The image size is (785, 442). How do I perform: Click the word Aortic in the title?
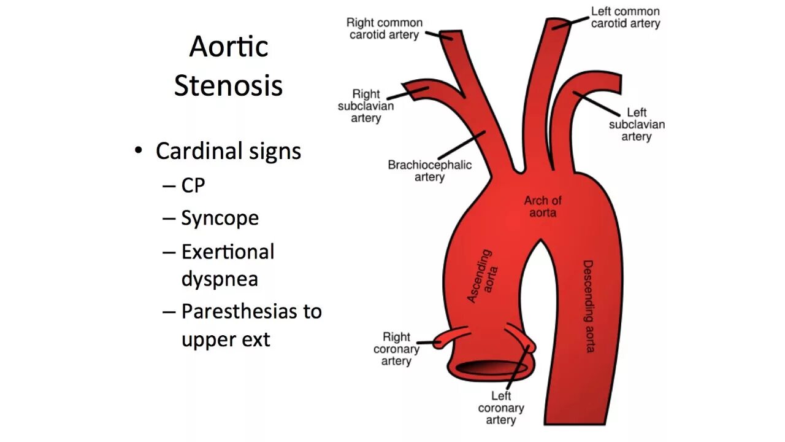tap(229, 47)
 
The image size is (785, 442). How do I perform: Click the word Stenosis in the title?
tap(228, 85)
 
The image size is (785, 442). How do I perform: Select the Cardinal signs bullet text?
tap(228, 151)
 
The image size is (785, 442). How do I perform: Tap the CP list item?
tap(193, 185)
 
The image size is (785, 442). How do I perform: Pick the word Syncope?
tap(220, 219)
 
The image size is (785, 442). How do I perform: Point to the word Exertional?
tap(228, 252)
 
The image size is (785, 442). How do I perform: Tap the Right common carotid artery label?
tap(384, 29)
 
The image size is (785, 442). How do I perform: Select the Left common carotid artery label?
tap(626, 17)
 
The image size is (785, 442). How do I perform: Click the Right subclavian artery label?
tap(366, 106)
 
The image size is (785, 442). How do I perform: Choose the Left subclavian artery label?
tap(637, 125)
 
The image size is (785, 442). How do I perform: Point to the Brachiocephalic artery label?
tap(429, 171)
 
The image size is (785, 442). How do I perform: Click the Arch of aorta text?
tap(543, 206)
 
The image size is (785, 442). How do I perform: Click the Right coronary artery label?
tap(396, 349)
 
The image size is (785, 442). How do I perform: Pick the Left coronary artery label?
tap(501, 408)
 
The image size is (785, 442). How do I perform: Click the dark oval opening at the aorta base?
tap(491, 368)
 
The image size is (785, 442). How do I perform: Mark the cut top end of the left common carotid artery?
tap(559, 24)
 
